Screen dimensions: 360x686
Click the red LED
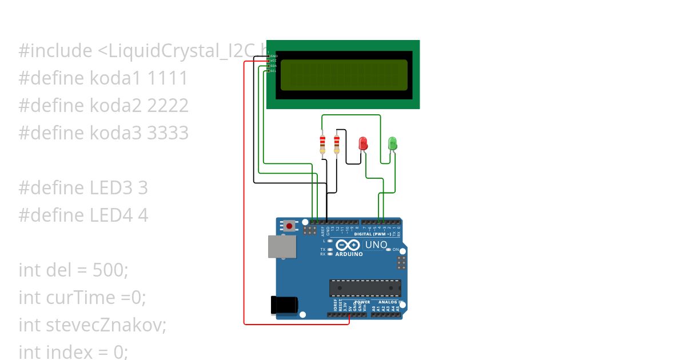(363, 143)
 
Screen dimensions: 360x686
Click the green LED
(393, 143)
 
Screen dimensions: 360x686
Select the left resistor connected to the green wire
(322, 143)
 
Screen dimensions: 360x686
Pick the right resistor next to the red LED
(336, 143)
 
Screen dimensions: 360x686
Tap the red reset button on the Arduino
(290, 226)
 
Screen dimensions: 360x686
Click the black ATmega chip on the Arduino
(365, 288)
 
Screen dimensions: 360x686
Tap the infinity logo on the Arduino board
(348, 245)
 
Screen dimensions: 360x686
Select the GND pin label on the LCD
(273, 56)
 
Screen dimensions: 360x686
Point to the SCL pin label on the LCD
(273, 71)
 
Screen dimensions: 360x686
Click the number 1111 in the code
(167, 78)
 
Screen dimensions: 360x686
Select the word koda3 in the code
(117, 133)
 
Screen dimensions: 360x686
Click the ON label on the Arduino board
(396, 250)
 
